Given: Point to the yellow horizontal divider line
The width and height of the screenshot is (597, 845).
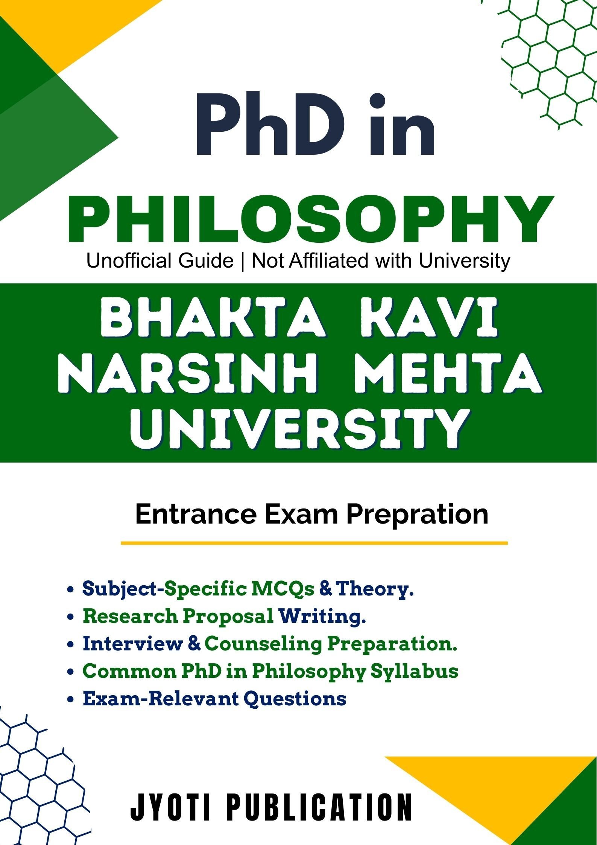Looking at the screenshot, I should click(x=314, y=543).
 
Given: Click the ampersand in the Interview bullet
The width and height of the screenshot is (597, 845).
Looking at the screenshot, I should click(x=194, y=643).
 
